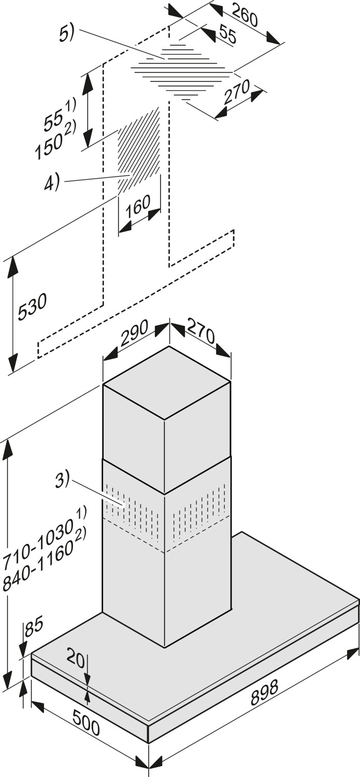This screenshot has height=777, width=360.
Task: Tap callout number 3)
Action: tap(62, 480)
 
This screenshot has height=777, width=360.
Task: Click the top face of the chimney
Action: tap(167, 382)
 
